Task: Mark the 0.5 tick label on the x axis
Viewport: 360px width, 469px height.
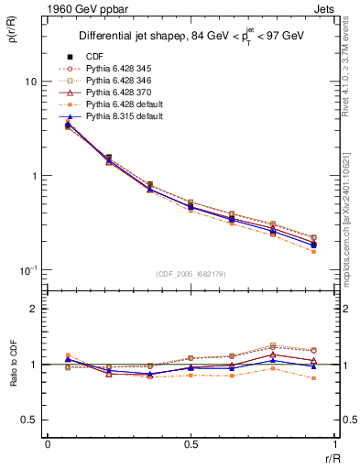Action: pyautogui.click(x=191, y=444)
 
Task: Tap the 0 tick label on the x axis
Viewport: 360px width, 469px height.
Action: pyautogui.click(x=48, y=444)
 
